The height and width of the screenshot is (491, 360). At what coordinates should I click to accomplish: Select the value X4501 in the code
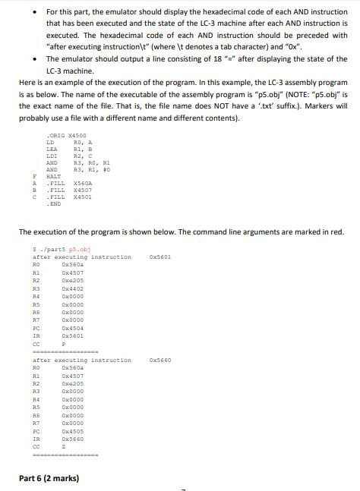click(82, 199)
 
